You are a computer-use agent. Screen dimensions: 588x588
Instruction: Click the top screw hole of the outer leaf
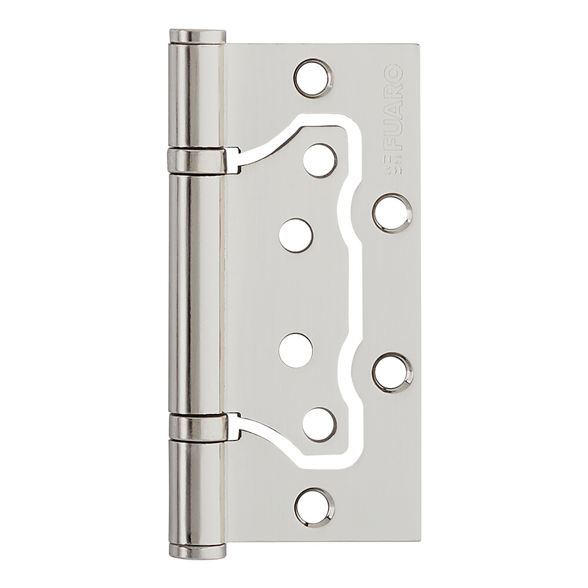point(313,78)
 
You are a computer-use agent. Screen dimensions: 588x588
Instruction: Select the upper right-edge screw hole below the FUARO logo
point(392,212)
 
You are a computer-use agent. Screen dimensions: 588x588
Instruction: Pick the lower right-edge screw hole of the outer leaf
point(393,372)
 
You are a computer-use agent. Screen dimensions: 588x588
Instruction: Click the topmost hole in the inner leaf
point(320,161)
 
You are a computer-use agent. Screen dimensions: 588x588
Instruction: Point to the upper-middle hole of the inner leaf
point(296,236)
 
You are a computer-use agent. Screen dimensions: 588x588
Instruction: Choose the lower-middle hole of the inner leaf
point(296,350)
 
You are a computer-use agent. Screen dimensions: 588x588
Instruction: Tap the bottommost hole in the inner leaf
point(320,425)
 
